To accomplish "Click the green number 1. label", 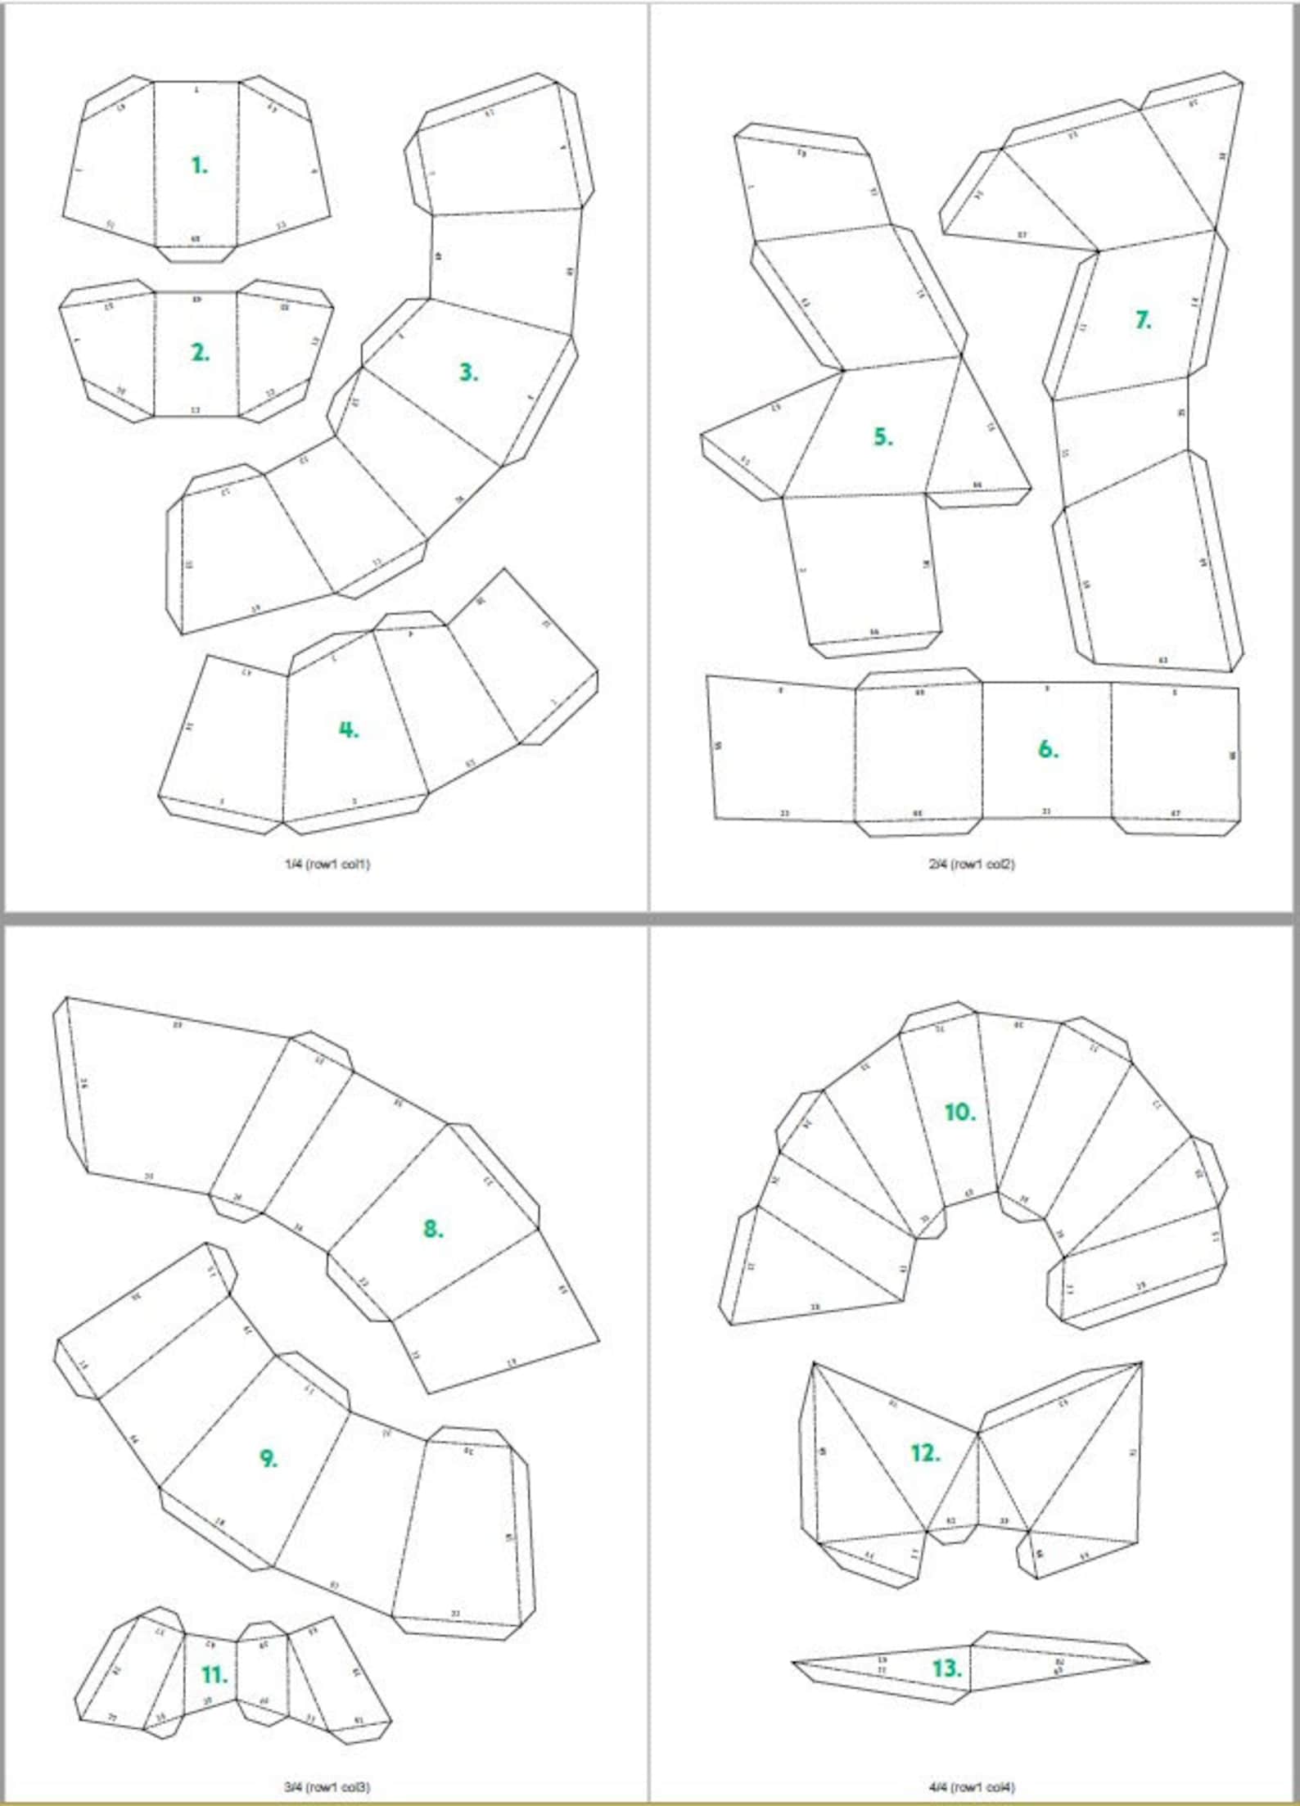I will (200, 165).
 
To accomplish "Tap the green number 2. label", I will (200, 353).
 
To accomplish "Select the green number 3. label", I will (468, 372).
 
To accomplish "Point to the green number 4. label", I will (349, 729).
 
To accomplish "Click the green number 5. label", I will (882, 437).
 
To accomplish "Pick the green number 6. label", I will (1048, 749).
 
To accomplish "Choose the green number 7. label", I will (1143, 320).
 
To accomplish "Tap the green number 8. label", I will (433, 1228).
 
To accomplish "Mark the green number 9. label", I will (269, 1458).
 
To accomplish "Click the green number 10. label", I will (959, 1113).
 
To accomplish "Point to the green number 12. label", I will (925, 1453).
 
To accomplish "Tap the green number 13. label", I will (946, 1668).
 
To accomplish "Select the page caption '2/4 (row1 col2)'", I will (972, 864).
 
